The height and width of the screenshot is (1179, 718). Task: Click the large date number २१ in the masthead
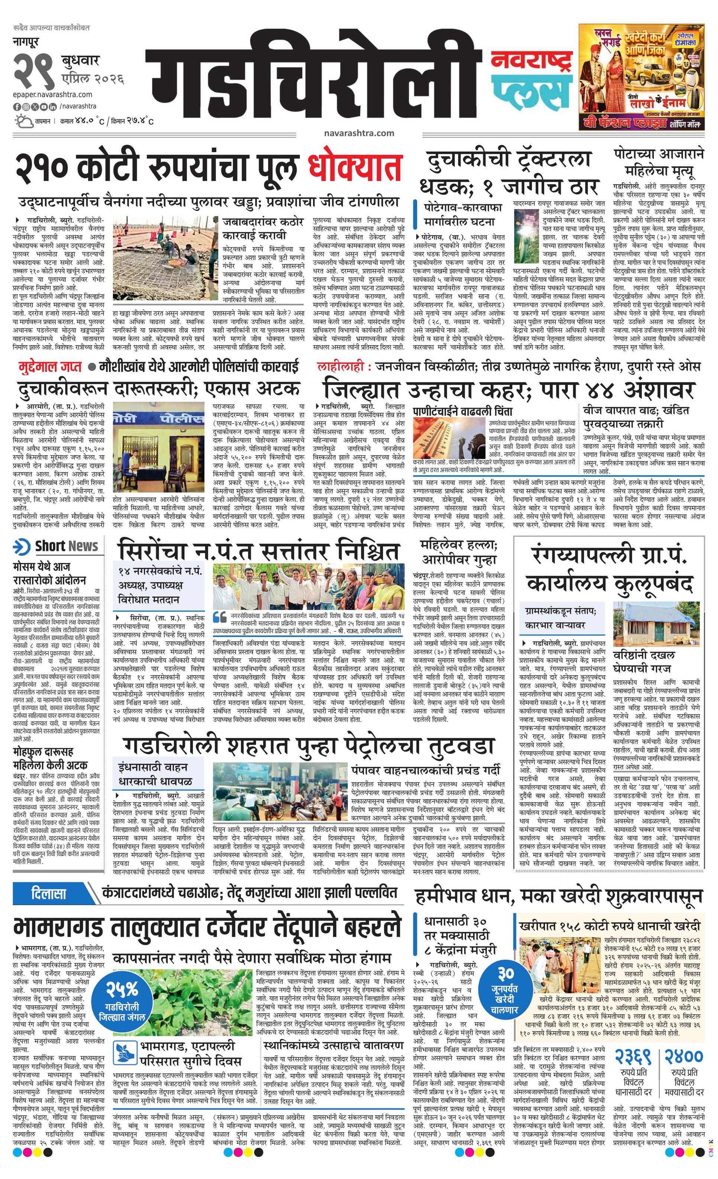pos(33,70)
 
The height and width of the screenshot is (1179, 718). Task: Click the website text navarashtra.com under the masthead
pos(359,133)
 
